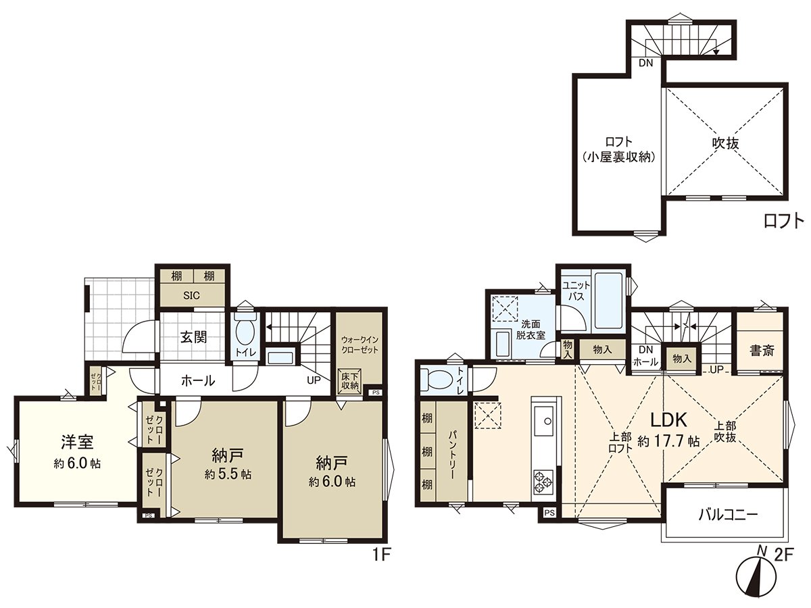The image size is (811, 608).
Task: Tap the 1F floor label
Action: point(382,555)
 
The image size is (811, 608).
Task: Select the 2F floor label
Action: point(783,555)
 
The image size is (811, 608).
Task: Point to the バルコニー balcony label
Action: point(728,514)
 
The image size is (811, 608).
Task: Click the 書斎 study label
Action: point(762,350)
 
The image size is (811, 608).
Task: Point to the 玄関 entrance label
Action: point(193,337)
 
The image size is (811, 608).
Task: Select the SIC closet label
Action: point(193,296)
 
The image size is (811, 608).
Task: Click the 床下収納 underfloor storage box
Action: point(350,380)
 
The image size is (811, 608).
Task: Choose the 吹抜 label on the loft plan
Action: point(724,143)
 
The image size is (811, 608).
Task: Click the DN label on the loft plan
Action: point(646,64)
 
